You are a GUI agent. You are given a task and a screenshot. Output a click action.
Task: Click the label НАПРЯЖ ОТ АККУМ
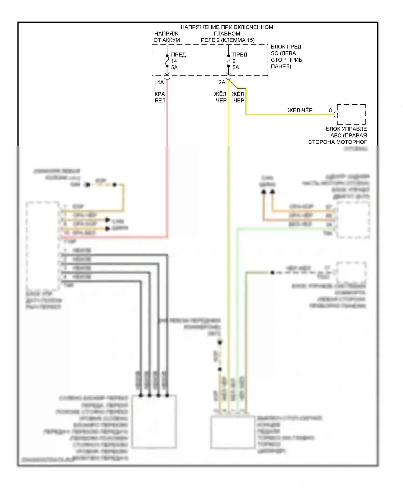[167, 37]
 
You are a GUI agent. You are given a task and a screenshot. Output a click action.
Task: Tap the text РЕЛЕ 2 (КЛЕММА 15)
[228, 40]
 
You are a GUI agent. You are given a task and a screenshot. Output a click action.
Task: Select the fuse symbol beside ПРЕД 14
[167, 61]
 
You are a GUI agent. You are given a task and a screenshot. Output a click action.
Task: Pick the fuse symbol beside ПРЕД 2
[229, 61]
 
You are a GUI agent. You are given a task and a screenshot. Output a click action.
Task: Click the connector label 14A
[159, 82]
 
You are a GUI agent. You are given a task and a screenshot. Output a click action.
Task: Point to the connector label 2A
[222, 82]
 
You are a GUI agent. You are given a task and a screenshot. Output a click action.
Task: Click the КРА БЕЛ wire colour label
[160, 97]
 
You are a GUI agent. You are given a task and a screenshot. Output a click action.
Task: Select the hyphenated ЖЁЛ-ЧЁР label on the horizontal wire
[300, 110]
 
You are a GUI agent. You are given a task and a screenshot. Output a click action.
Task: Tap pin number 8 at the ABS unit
[330, 110]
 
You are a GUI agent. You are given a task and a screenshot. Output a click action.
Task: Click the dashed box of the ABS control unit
[351, 114]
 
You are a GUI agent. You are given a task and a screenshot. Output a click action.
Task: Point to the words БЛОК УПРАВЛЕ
[346, 129]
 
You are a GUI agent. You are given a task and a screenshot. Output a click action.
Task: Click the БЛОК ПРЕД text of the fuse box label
[286, 47]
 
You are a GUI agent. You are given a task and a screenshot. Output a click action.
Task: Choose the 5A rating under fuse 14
[174, 68]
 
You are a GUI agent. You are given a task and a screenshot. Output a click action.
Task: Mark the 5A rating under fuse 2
[236, 68]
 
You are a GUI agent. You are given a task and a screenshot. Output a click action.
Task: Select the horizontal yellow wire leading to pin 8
[290, 115]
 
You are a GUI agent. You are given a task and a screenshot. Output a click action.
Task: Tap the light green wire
[237, 296]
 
